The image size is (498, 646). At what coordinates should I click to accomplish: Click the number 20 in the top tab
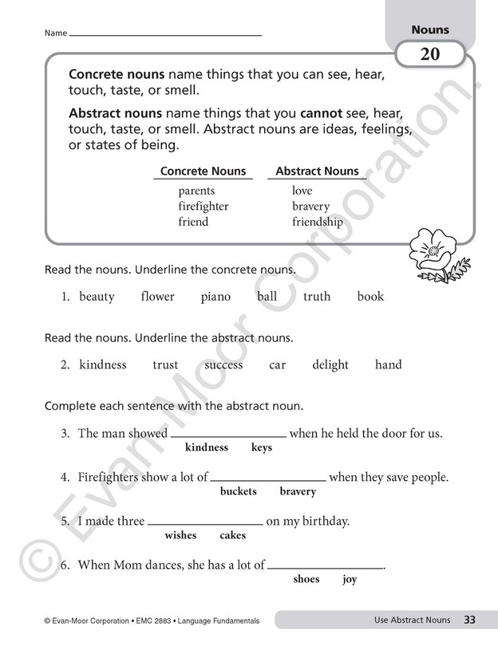pos(430,55)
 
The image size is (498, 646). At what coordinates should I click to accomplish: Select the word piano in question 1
pos(215,297)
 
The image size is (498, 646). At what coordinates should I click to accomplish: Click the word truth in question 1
pos(317,297)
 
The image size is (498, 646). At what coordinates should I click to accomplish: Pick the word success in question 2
pos(223,364)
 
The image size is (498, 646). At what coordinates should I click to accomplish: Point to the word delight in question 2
pos(330,364)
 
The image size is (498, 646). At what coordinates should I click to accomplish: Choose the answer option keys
pos(262,447)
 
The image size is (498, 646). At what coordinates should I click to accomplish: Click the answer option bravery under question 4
pos(298,491)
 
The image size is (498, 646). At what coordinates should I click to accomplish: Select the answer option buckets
pos(239,491)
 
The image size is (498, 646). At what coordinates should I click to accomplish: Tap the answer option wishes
pos(180,535)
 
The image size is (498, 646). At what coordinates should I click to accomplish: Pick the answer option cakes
pos(232,535)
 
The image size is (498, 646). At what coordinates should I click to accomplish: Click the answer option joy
pos(350,579)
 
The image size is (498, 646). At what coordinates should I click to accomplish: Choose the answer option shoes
pos(306,579)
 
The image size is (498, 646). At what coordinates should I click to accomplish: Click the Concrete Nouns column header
pos(204,171)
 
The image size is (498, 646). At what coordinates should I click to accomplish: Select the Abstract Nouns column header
pos(317,171)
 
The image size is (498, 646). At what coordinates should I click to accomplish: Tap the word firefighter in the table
pos(204,207)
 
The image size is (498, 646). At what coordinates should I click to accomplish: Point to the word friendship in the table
pos(318,222)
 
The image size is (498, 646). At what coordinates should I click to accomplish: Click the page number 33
pos(470,620)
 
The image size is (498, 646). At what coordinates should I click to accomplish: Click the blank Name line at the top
pos(166,34)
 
